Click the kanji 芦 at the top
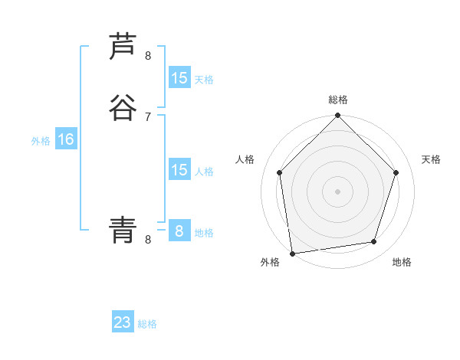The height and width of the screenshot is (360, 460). (x=123, y=47)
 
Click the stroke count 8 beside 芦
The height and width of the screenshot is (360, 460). (x=148, y=56)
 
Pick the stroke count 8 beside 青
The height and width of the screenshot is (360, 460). (x=148, y=240)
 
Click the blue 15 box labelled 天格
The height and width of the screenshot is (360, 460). (x=179, y=78)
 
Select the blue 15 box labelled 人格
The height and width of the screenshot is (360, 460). (x=179, y=170)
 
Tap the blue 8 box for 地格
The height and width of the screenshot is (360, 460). (x=179, y=231)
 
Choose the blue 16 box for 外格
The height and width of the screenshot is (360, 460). (x=66, y=139)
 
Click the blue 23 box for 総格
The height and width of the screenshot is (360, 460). (x=123, y=322)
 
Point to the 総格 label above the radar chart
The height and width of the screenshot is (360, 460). (x=338, y=100)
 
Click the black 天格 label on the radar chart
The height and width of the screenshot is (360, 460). (x=431, y=159)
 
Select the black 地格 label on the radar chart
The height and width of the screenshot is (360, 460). (x=402, y=263)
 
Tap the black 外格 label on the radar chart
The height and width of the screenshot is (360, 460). (x=270, y=263)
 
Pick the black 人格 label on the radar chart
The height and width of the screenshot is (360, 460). (x=245, y=159)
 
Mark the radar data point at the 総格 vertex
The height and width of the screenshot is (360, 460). (x=338, y=116)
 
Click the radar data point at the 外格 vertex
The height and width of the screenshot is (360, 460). (x=292, y=253)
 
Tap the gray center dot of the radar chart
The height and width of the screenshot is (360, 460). (x=338, y=191)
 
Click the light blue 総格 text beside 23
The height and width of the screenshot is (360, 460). (x=148, y=324)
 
